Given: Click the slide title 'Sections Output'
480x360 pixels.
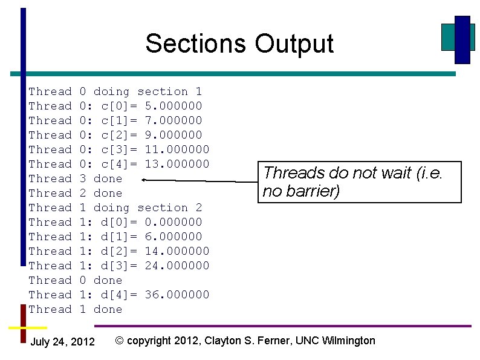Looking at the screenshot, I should pyautogui.click(x=239, y=44).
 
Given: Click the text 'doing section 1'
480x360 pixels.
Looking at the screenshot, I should pyautogui.click(x=148, y=91).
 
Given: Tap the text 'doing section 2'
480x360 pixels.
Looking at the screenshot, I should pyautogui.click(x=148, y=208).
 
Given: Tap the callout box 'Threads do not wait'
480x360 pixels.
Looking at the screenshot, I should pyautogui.click(x=360, y=182).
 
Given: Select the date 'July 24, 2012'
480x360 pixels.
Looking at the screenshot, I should pyautogui.click(x=62, y=342).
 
